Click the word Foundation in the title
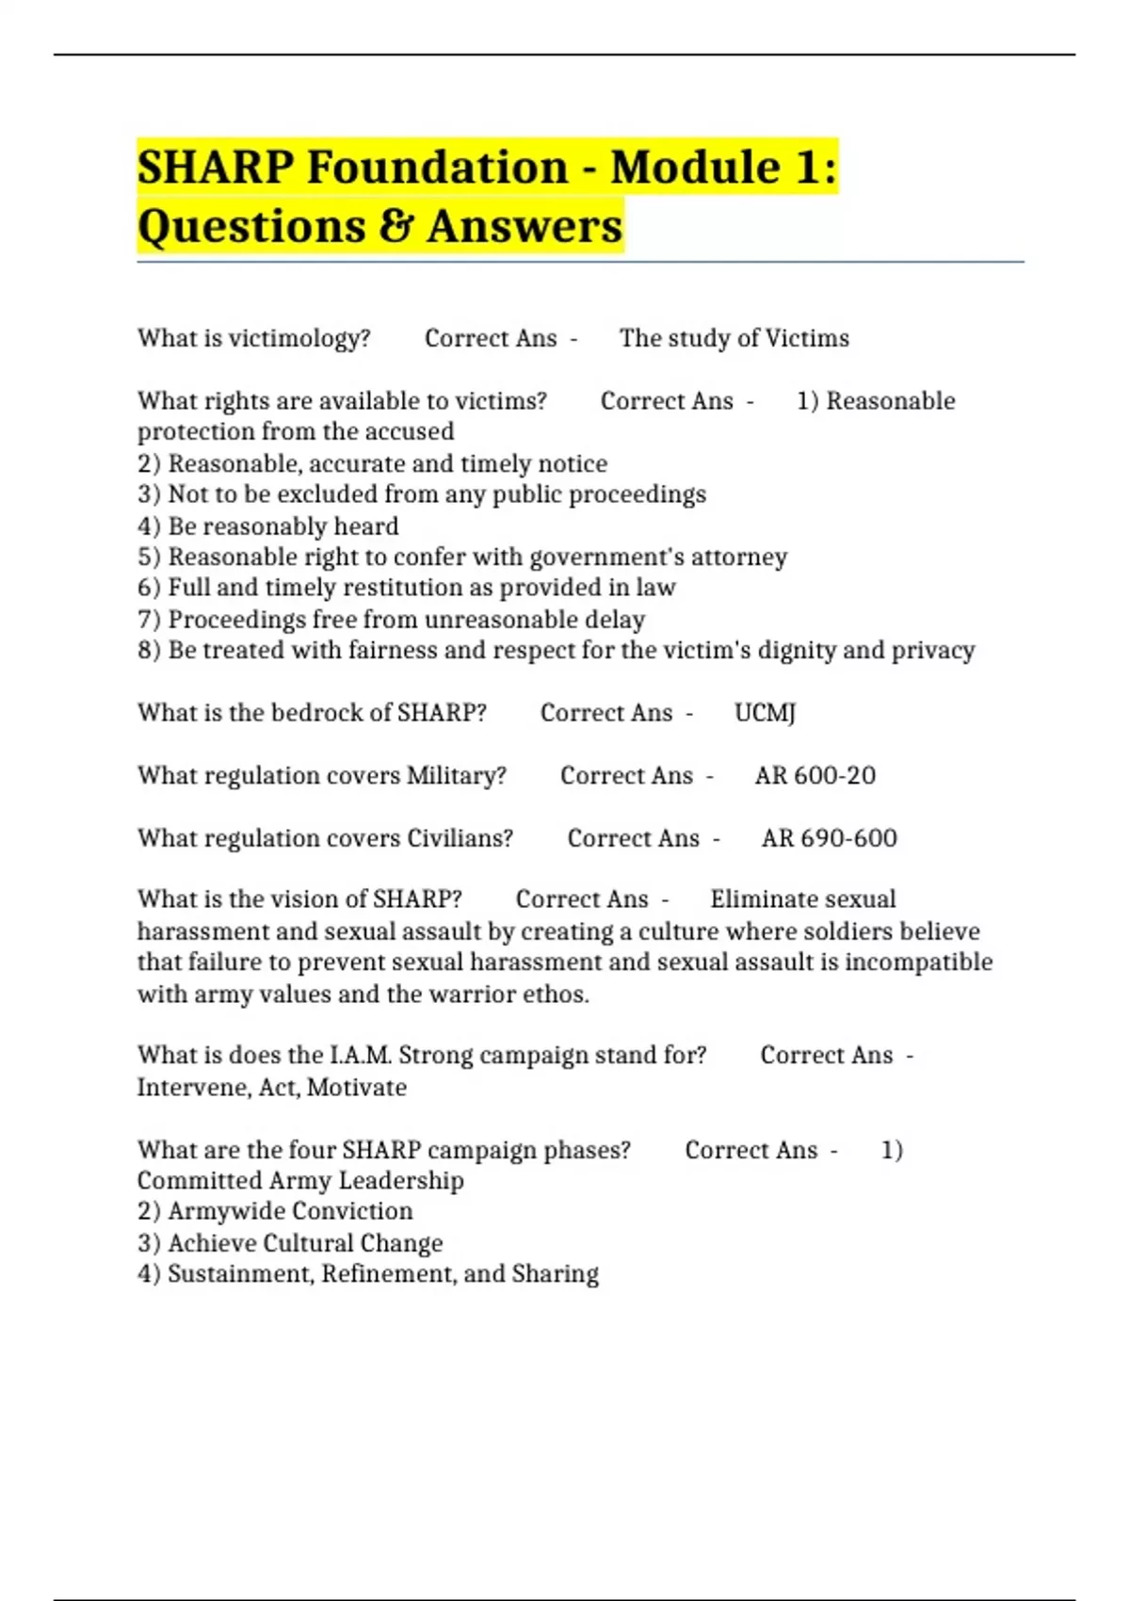click(x=437, y=168)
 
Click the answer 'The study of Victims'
click(x=734, y=338)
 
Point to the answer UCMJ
click(x=765, y=713)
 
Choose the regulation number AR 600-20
click(x=815, y=775)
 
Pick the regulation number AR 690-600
click(x=829, y=838)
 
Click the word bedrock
click(x=317, y=713)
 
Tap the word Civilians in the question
click(x=460, y=838)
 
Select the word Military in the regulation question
click(x=456, y=775)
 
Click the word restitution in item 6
click(x=400, y=588)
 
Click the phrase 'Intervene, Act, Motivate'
click(x=272, y=1087)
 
